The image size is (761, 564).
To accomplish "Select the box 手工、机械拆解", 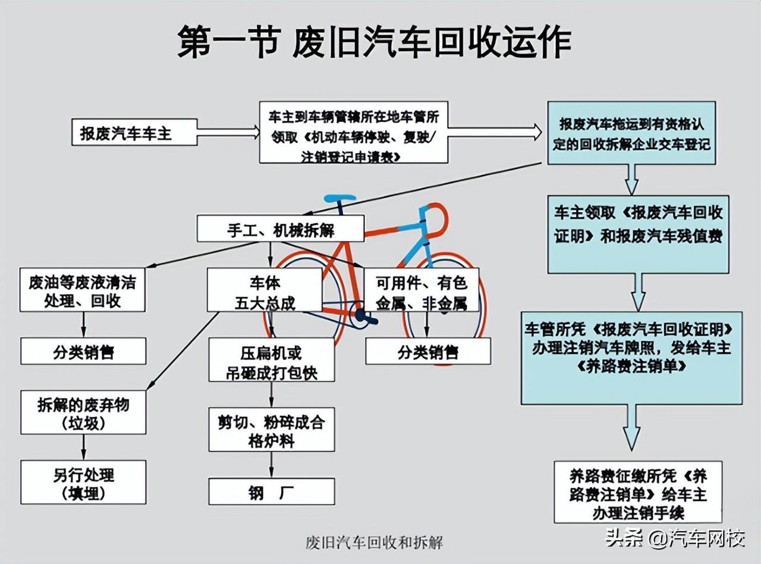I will [x=280, y=228].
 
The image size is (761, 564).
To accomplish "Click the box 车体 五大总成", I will [x=265, y=290].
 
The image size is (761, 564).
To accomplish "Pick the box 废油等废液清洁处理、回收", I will [x=82, y=290].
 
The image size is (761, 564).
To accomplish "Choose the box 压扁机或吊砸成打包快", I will [x=271, y=360].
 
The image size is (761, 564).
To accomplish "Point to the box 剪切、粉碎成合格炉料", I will [x=271, y=430].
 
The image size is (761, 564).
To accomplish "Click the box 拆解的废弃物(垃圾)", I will [x=83, y=412].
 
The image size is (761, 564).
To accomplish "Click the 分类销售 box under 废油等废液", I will [x=83, y=351].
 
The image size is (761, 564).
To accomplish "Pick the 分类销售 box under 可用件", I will [x=427, y=351].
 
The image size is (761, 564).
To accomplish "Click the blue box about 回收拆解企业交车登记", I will [x=631, y=133].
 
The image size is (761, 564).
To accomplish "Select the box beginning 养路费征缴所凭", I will [x=637, y=492].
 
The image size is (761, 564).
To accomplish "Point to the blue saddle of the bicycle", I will [x=339, y=198].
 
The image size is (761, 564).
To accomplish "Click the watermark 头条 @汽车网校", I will [x=675, y=539].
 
